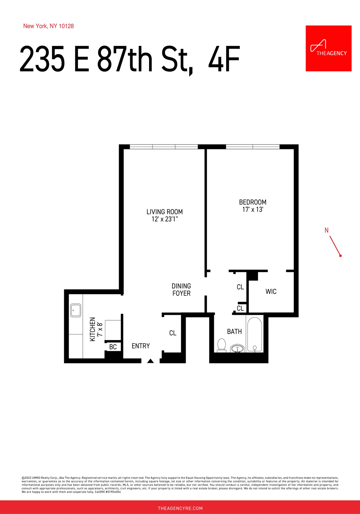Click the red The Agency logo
tap(328, 48)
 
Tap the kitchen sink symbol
tap(76, 310)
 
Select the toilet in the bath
tap(221, 345)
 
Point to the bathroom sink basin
tap(237, 349)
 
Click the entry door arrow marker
tap(151, 361)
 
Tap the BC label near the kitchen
tap(113, 347)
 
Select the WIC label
tap(271, 291)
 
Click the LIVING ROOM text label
tap(164, 212)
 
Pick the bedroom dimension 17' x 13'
tap(253, 210)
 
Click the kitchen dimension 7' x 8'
tap(100, 329)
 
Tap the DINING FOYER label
tap(181, 290)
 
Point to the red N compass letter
tap(326, 230)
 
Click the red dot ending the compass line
tap(340, 256)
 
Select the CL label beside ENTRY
tap(173, 333)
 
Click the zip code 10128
tap(66, 26)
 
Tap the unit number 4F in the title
tap(224, 59)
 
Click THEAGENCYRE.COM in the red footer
tap(180, 508)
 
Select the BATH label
tap(234, 331)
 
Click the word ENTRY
tap(141, 346)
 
